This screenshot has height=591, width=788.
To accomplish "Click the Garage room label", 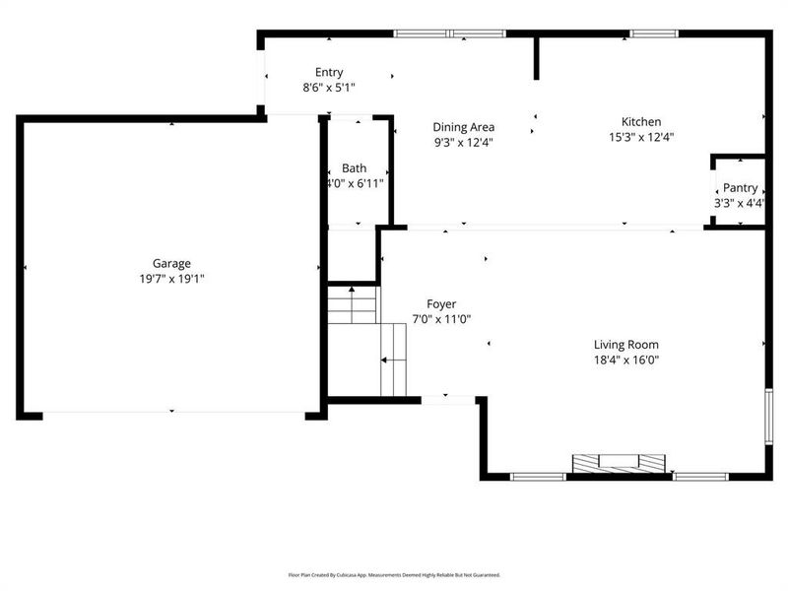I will (x=171, y=263).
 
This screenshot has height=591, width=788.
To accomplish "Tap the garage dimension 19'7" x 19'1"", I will (x=171, y=279).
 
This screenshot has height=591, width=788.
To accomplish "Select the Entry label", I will (x=329, y=72).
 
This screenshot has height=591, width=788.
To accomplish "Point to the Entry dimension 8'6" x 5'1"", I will (x=329, y=88).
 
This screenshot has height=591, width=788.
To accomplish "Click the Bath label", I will (x=354, y=168).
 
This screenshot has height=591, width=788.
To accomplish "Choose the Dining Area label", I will (x=464, y=127).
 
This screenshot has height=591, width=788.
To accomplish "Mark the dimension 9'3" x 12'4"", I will (x=464, y=142).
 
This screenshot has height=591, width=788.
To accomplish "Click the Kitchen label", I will (x=640, y=122).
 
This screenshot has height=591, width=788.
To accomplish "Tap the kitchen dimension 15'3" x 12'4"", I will (x=640, y=138).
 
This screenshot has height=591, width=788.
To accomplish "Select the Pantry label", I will (x=740, y=188).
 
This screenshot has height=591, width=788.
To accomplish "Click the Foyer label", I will (x=441, y=303).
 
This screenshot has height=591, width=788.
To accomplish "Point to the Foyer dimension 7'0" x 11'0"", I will (x=441, y=319).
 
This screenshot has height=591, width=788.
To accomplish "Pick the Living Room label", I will (x=625, y=345).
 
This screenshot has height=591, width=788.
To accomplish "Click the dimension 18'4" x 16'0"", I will (x=625, y=361).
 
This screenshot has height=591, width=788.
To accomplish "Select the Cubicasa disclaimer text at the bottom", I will (x=394, y=574).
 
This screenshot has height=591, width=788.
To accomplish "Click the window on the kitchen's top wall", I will (x=647, y=34).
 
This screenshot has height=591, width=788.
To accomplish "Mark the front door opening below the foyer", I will (x=448, y=400).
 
